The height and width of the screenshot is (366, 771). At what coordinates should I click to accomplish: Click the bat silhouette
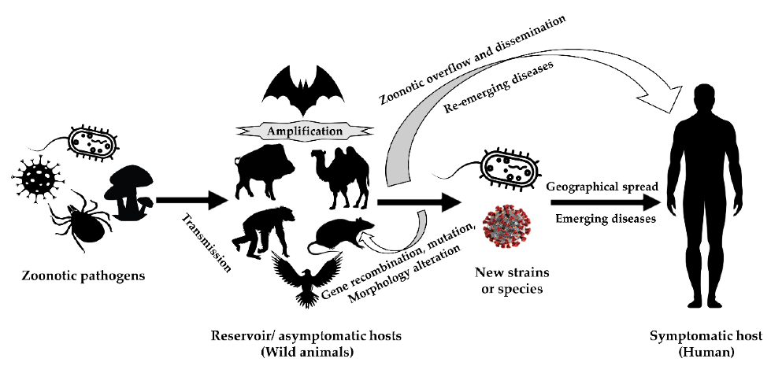[302, 94]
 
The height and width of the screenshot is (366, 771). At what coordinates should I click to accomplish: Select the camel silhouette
[340, 178]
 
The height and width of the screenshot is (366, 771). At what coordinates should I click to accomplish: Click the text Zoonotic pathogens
[76, 275]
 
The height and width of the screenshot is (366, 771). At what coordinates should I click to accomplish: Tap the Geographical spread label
[602, 189]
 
